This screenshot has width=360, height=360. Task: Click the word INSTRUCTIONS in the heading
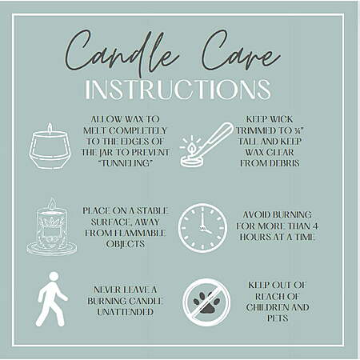tap(178, 90)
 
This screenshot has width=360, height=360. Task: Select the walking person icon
tap(52, 299)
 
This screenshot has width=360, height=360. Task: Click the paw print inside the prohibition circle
tap(206, 303)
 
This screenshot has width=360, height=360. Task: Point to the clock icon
tap(202, 228)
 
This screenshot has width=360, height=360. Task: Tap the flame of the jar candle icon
tap(50, 128)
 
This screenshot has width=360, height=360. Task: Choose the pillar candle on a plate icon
tap(52, 226)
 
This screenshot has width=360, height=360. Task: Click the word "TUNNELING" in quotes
tap(125, 163)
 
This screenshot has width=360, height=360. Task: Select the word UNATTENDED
tap(125, 312)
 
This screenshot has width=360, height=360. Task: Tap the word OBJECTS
tap(126, 244)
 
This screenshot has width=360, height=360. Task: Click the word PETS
tap(278, 318)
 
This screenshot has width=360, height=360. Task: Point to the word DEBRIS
tap(285, 163)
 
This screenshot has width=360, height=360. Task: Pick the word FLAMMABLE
tap(140, 233)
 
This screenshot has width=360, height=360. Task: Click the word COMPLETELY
tap(138, 130)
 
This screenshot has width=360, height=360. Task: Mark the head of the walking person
tap(54, 276)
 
